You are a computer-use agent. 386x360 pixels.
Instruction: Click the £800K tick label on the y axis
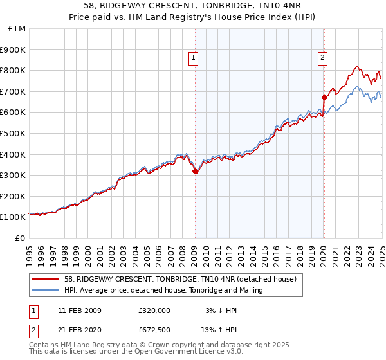pos(14,70)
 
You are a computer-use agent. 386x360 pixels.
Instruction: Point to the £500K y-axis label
pos(14,133)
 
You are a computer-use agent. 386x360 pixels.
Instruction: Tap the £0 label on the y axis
pos(20,238)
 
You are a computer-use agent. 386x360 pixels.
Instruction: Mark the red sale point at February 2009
pos(195,171)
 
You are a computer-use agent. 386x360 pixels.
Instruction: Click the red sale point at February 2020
pos(324,97)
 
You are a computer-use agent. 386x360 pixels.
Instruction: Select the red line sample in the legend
pos(46,279)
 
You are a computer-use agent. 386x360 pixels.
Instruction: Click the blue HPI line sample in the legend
pos(46,290)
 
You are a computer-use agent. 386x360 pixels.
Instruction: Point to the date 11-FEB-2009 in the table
pos(84,310)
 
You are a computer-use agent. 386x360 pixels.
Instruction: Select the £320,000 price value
pos(154,310)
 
